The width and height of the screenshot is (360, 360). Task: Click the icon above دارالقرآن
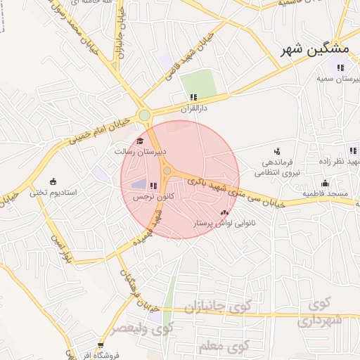pos(193,98)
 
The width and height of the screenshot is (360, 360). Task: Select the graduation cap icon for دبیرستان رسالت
pos(149,141)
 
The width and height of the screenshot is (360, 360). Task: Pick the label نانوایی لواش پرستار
pos(225,223)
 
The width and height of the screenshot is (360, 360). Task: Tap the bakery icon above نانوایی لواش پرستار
pos(224,212)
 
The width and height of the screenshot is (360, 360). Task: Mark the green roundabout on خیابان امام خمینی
pos(144,115)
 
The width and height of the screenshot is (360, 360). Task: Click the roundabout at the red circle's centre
pos(167,171)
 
